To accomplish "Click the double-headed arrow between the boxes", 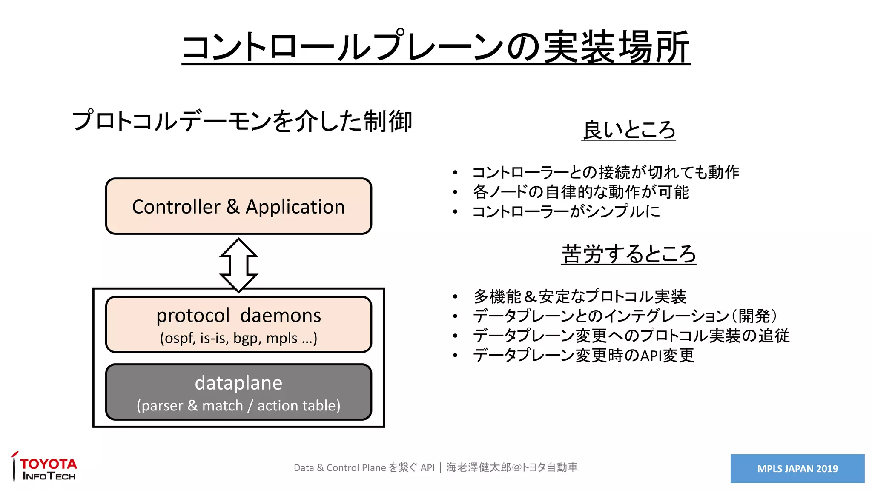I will pos(238,265).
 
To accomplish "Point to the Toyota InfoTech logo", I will pos(45,468).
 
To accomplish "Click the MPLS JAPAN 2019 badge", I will pos(797,468).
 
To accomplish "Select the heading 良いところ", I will pos(628,130).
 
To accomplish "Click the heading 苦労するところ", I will pos(628,254).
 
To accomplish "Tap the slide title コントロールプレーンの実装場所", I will pos(436,47).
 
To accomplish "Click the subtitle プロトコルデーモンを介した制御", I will pos(242,121).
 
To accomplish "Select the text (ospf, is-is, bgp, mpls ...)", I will pos(238,339).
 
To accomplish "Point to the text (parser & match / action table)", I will pos(238,406).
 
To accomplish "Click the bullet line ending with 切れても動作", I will pos(605,172).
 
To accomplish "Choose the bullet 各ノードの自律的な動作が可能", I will pos(581,192).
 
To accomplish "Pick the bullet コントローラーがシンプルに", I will pos(566,211).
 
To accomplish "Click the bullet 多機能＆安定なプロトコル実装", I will pos(579,296).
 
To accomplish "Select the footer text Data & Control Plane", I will pos(340,468).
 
